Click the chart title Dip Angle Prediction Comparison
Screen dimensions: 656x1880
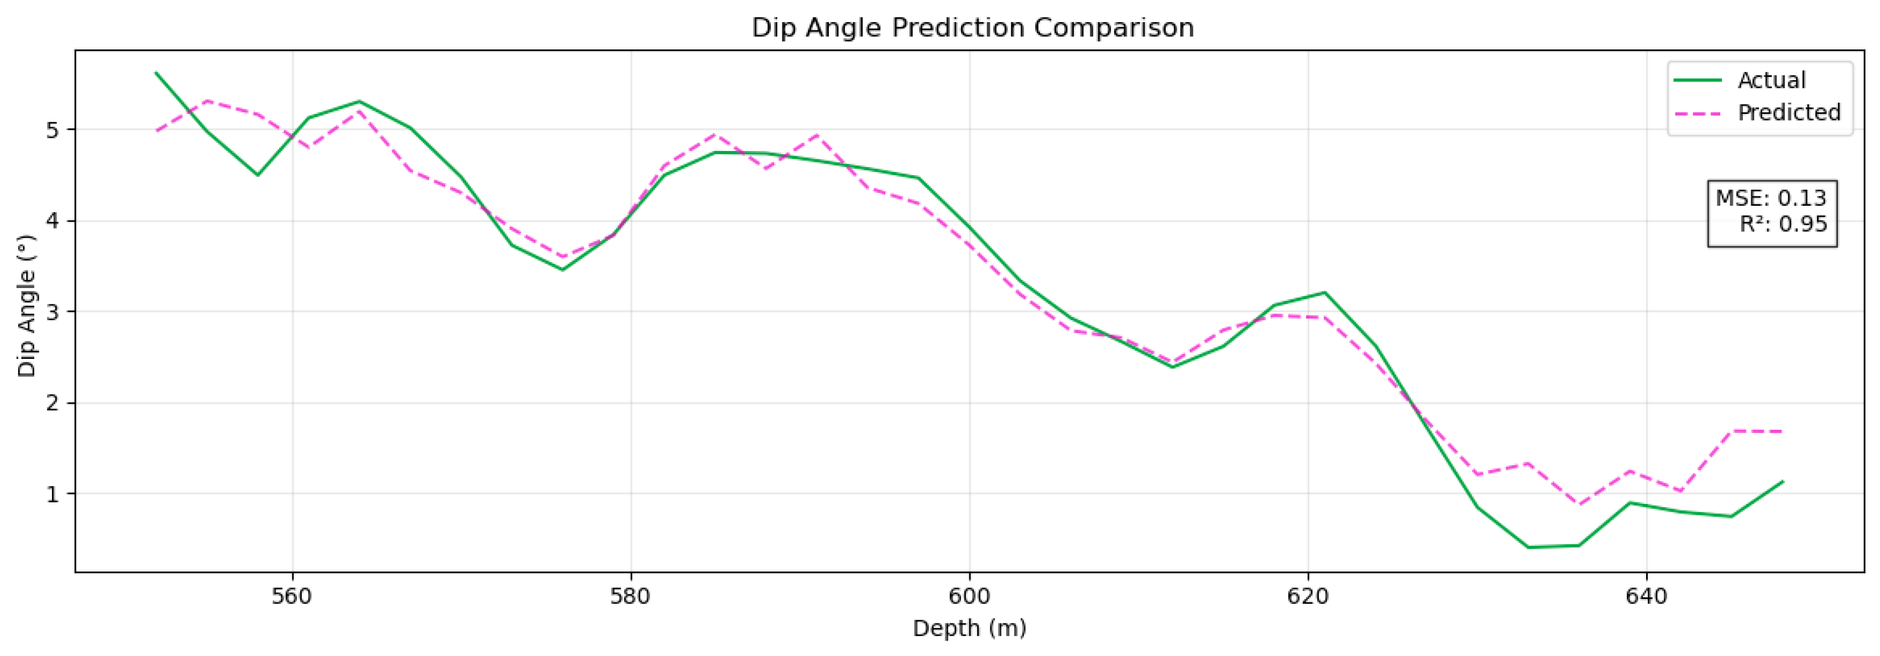tap(972, 28)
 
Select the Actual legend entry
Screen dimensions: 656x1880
tap(1771, 80)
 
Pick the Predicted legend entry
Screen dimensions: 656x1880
tap(1789, 112)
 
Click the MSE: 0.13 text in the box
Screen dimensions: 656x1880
tap(1771, 198)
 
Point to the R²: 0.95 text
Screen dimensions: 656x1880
tap(1783, 224)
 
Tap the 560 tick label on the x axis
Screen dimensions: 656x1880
tap(292, 597)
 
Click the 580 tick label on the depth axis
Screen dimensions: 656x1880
tap(630, 597)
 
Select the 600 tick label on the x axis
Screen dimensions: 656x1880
tap(969, 597)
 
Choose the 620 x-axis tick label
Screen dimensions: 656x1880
tap(1308, 597)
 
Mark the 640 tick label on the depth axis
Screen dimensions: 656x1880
tap(1647, 597)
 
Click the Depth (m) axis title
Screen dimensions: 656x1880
tap(969, 628)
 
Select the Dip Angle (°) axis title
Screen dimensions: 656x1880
tap(27, 306)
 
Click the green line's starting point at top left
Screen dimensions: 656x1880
tap(156, 73)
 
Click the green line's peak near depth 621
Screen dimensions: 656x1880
tap(1325, 293)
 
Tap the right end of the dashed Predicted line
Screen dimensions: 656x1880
tap(1782, 431)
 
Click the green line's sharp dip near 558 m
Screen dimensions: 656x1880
tap(258, 175)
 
